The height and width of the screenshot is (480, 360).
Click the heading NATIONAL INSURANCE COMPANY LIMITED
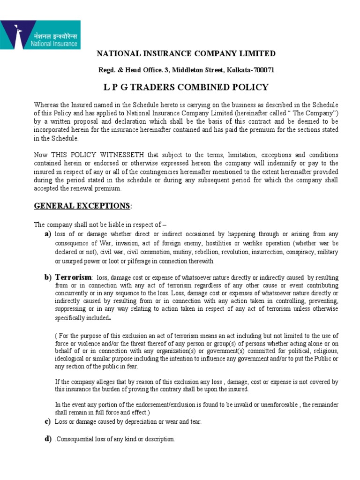pos(186,53)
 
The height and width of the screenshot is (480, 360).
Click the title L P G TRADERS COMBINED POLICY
pos(186,87)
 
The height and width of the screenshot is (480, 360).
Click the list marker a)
pos(47,234)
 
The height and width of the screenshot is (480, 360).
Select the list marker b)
pos(47,277)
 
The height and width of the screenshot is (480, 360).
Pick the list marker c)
pos(47,421)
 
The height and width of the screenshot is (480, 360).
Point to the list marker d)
pos(47,439)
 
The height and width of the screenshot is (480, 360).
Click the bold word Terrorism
pos(72,277)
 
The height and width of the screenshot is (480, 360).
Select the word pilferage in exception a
pos(138,261)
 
